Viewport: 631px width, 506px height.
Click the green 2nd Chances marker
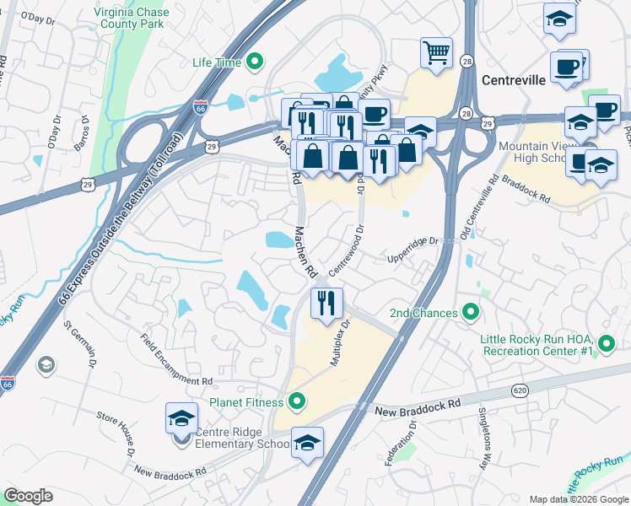click(472, 313)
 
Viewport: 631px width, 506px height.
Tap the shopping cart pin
click(436, 52)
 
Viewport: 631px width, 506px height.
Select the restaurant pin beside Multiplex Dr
click(326, 301)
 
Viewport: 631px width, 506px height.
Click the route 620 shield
click(519, 390)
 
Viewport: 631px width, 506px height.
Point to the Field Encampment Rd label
click(176, 357)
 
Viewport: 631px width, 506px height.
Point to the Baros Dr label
click(81, 135)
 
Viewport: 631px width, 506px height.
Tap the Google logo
click(28, 495)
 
